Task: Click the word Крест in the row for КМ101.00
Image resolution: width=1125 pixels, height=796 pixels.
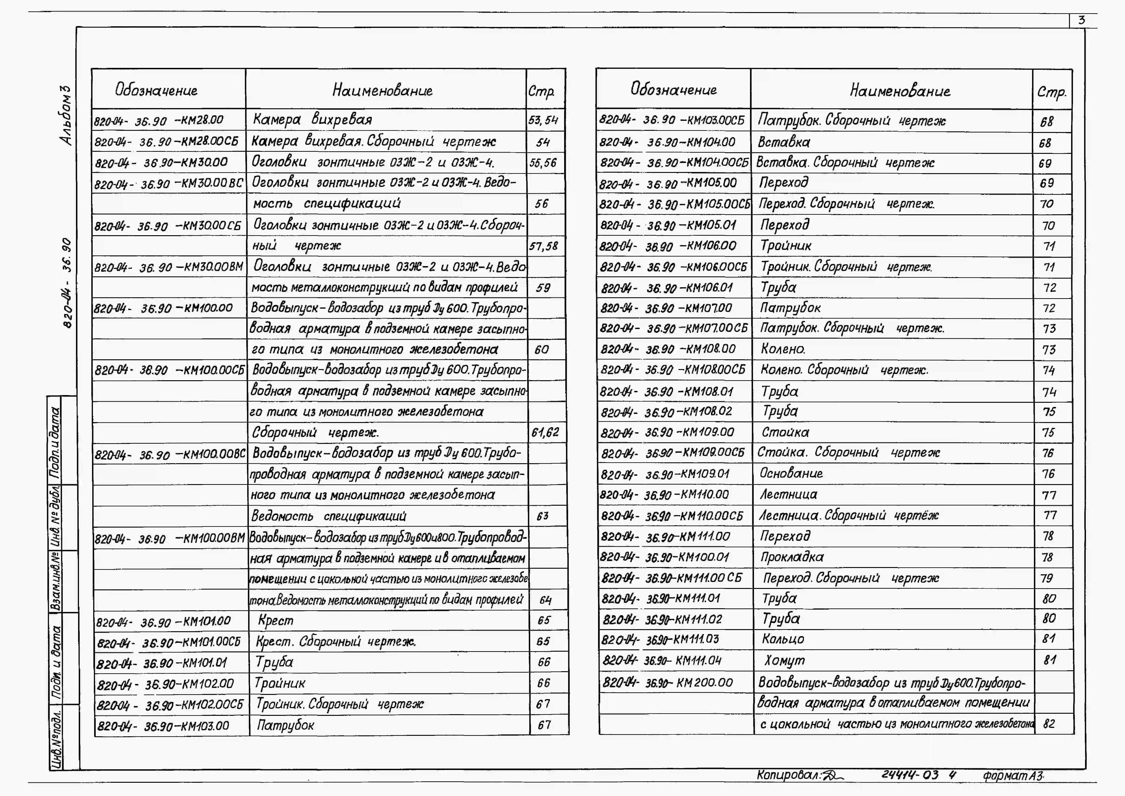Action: tap(276, 621)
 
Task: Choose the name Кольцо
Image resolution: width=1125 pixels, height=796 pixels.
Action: tap(783, 639)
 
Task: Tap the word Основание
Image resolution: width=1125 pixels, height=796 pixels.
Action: tap(791, 473)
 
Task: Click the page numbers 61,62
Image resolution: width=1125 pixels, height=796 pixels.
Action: tap(545, 432)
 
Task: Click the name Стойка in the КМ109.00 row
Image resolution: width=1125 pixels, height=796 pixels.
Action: tap(785, 432)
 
